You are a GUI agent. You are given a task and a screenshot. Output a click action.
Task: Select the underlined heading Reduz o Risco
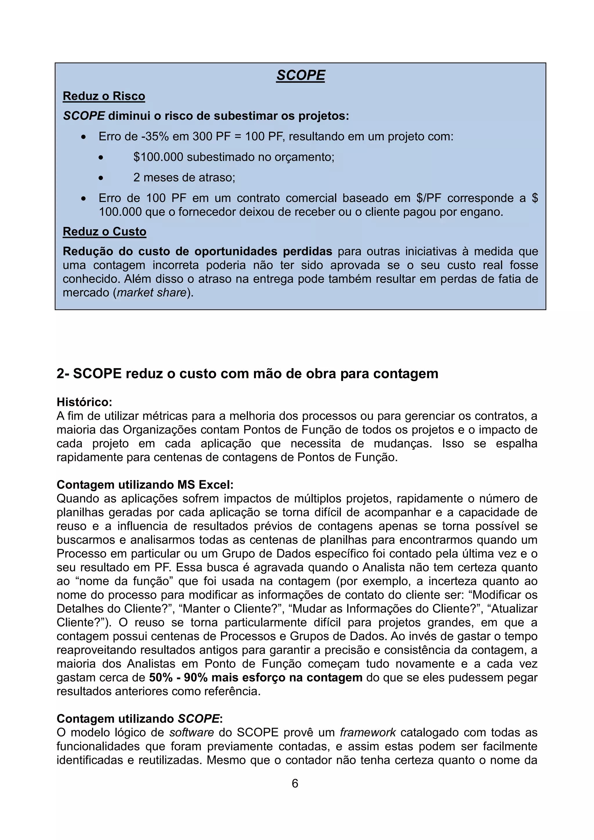point(104,96)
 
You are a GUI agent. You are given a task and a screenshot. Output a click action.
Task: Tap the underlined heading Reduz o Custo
point(104,231)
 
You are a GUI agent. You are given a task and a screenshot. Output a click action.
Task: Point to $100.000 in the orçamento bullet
point(158,157)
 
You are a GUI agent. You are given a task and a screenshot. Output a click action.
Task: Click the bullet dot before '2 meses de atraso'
point(101,178)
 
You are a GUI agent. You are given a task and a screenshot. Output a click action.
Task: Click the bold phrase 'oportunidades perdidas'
point(263,251)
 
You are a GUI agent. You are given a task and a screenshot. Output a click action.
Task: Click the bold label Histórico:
point(84,402)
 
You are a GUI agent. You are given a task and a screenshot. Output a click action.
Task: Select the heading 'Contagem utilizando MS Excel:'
point(145,484)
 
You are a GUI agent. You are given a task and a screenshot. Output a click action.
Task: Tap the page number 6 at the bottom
point(295,783)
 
